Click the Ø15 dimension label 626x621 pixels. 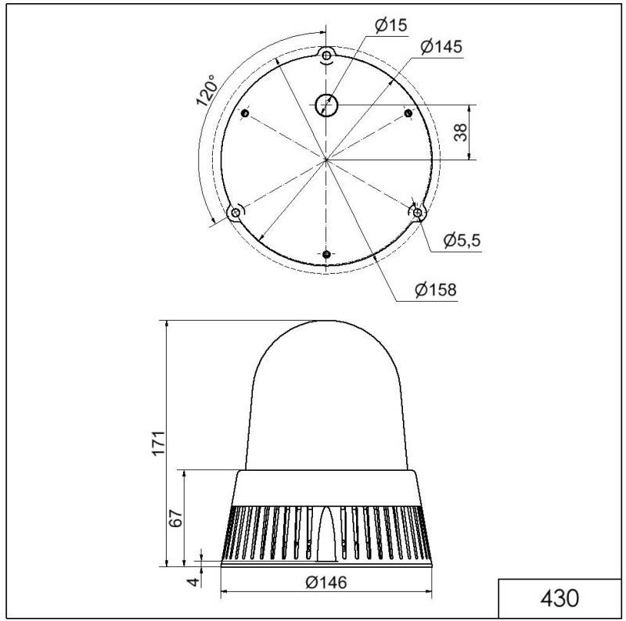[390, 26]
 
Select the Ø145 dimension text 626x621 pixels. [440, 47]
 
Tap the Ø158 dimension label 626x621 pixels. [435, 290]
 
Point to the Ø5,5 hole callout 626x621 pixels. [461, 240]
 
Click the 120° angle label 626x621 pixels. [207, 92]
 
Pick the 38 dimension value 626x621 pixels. [461, 132]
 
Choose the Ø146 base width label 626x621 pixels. [326, 582]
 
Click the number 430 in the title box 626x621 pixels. [560, 598]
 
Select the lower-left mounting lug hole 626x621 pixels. [234, 213]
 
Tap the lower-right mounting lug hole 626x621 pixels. [418, 212]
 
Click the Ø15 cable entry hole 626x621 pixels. [325, 104]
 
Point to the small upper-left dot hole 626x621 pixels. [244, 114]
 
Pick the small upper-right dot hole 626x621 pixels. [408, 114]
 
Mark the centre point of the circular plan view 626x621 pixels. [326, 159]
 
